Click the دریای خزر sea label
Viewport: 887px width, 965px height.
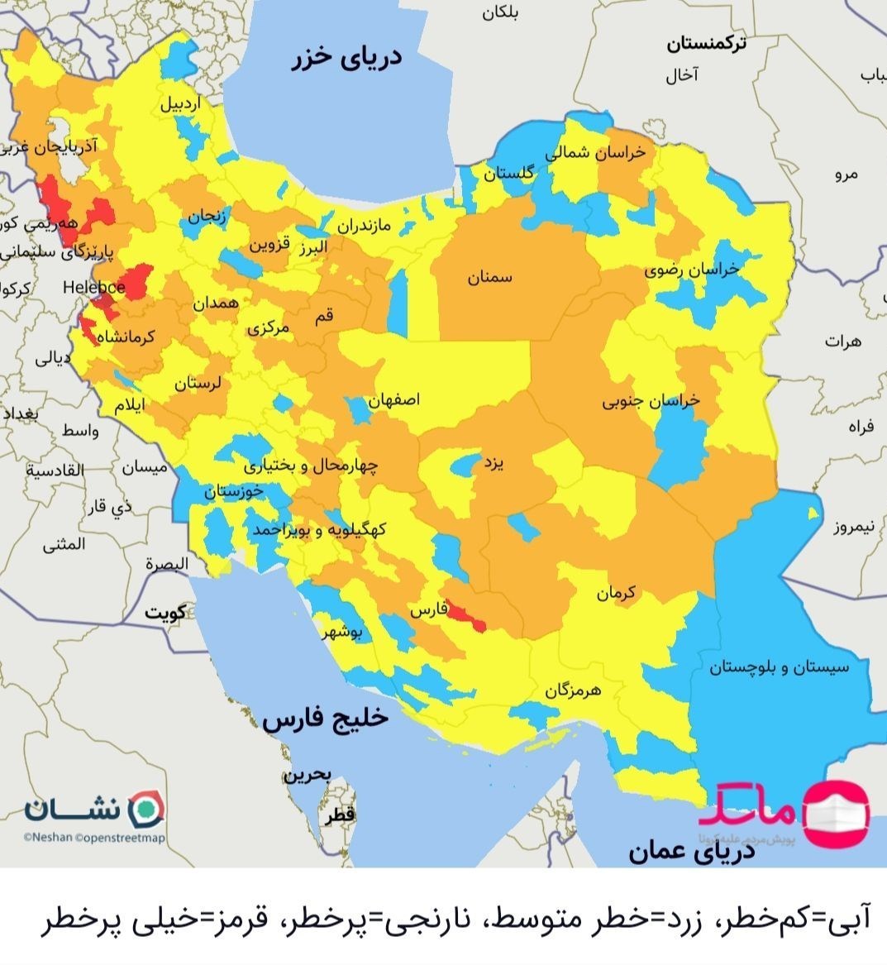346,59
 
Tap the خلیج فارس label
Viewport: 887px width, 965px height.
325,719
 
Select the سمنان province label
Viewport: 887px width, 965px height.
490,278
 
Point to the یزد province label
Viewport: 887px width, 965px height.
492,464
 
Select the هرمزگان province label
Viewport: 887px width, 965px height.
572,689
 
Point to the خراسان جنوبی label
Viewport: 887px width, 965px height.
650,402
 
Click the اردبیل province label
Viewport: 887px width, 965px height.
179,105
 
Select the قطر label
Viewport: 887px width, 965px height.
340,815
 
